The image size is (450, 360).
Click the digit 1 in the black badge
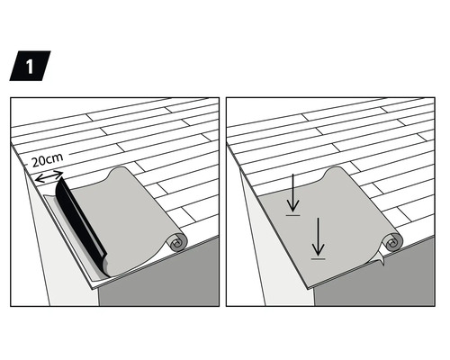pyautogui.click(x=30, y=67)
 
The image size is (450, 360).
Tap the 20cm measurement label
pyautogui.click(x=46, y=162)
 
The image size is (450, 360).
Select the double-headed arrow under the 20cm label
pyautogui.click(x=49, y=176)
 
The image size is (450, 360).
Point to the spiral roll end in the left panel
pyautogui.click(x=177, y=242)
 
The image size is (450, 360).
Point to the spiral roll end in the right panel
pyautogui.click(x=393, y=242)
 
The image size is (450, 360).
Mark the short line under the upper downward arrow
pyautogui.click(x=292, y=214)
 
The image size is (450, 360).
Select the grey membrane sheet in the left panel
pyautogui.click(x=135, y=225)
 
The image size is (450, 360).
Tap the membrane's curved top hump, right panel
pyautogui.click(x=335, y=174)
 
